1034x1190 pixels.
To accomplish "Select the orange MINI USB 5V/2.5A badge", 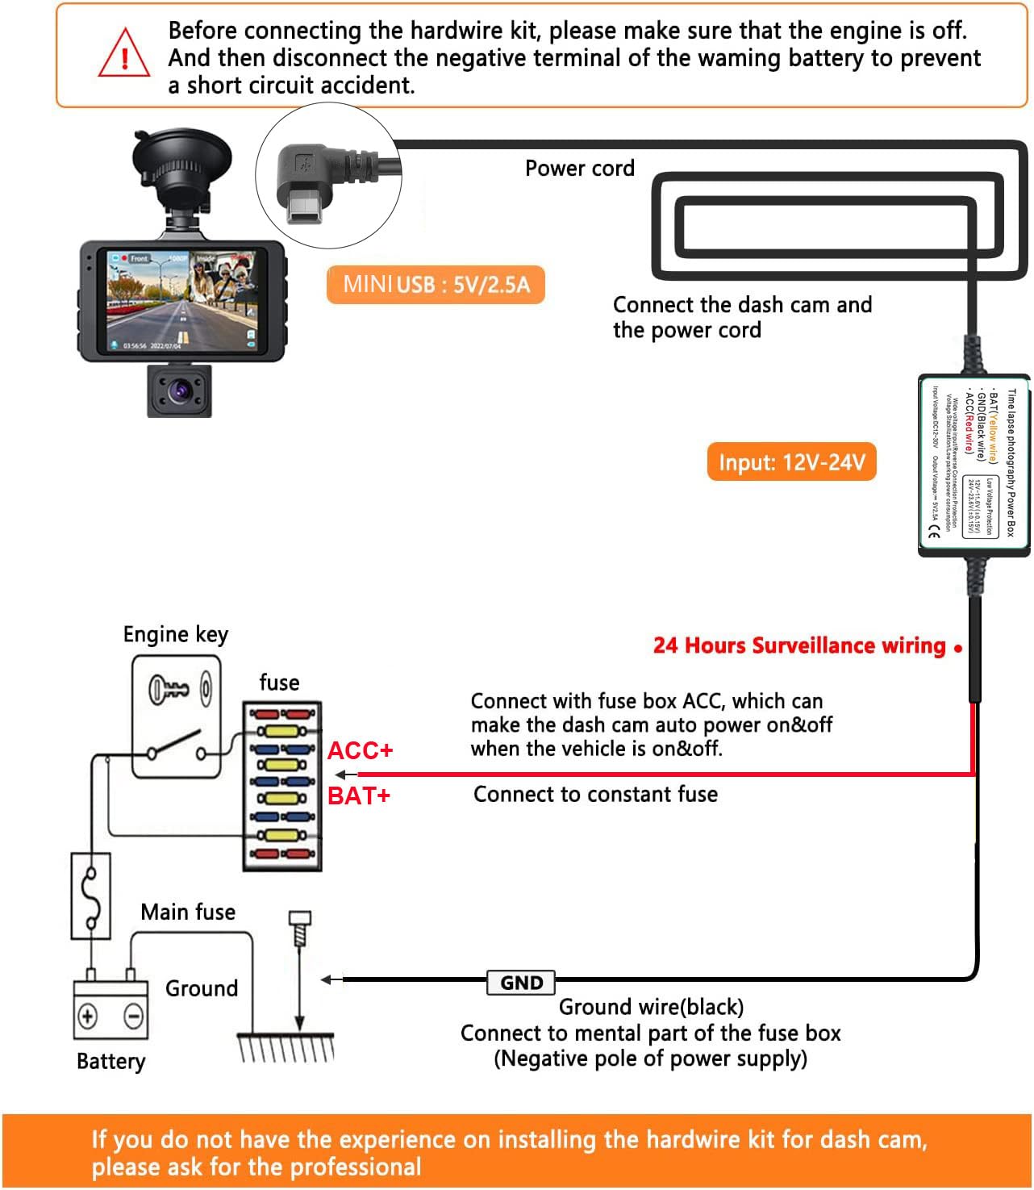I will pos(436,285).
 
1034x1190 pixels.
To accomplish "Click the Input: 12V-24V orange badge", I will pos(791,462).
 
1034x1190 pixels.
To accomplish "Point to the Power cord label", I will pos(579,169).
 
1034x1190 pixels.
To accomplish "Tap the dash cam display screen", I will pos(183,300).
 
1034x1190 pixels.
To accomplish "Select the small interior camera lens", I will pos(179,391).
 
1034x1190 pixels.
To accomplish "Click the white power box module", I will pos(974,466).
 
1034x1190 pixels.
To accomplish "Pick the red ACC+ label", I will pos(360,751).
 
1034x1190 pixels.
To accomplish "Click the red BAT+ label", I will pos(359,796).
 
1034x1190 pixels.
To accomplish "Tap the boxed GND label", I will pos(521,983).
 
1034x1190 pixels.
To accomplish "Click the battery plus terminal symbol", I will pos(87,1015).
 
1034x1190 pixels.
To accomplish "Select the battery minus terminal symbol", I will pos(134,1015).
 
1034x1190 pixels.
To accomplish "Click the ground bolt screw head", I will pos(299,919).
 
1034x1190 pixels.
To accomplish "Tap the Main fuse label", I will pos(188,912).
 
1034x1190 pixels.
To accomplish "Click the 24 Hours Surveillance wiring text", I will pos(798,645).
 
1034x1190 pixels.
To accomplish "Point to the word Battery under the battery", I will pos(110,1062).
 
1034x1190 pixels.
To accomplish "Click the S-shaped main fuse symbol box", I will pos(91,896).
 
